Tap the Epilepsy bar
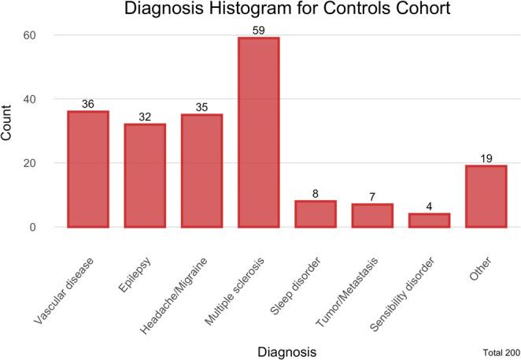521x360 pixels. coord(145,176)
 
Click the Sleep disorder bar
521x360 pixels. coord(315,214)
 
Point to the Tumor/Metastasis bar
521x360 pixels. coord(371,216)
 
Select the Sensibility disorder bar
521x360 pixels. coord(429,221)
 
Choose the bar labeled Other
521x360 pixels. coord(486,196)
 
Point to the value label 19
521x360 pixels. coord(486,158)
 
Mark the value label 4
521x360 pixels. coord(429,206)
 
